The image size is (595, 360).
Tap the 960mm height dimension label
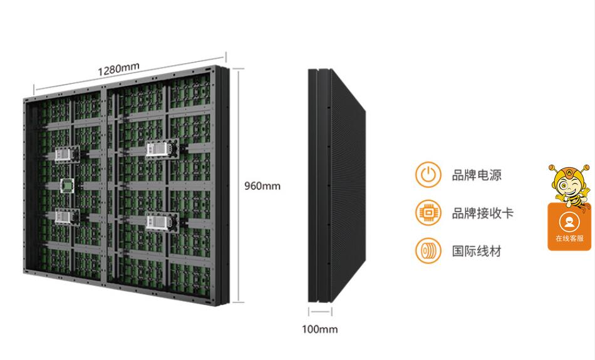click(262, 186)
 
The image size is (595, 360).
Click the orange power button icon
click(428, 174)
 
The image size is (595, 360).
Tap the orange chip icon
click(428, 213)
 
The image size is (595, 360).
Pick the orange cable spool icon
click(428, 251)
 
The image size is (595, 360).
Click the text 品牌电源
click(477, 175)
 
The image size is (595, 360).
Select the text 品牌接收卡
click(483, 213)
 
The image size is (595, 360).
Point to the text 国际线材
click(477, 252)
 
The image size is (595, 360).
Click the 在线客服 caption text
click(569, 239)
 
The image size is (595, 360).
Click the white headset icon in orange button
click(569, 222)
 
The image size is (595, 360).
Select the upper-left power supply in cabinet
click(65, 153)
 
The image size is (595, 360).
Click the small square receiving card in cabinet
click(66, 185)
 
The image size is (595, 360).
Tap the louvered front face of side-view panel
click(347, 188)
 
